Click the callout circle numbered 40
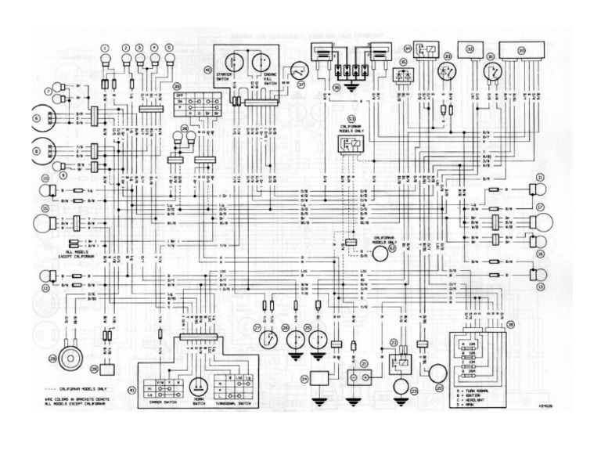[x=207, y=70]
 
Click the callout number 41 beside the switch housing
[x=131, y=389]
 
